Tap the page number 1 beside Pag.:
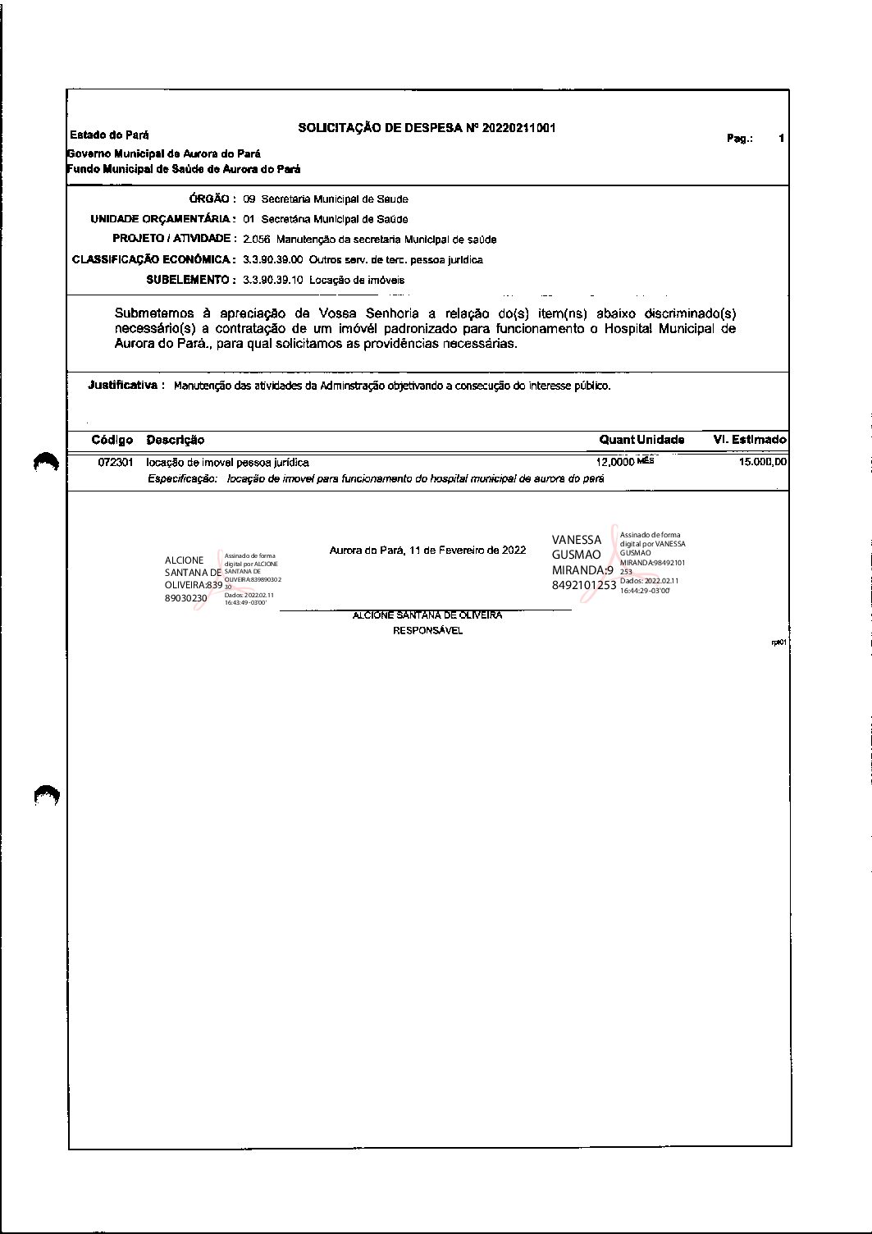[782, 139]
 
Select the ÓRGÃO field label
[212, 199]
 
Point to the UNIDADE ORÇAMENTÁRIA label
[162, 219]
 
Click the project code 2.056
[257, 240]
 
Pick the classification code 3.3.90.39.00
[273, 260]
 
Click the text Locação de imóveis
[357, 280]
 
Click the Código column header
[112, 441]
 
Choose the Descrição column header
[176, 441]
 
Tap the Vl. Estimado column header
[750, 440]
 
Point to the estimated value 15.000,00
[763, 462]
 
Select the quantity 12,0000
[615, 463]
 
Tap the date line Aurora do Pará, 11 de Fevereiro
[427, 550]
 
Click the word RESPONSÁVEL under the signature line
[427, 631]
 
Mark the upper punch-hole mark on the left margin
[47, 463]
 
